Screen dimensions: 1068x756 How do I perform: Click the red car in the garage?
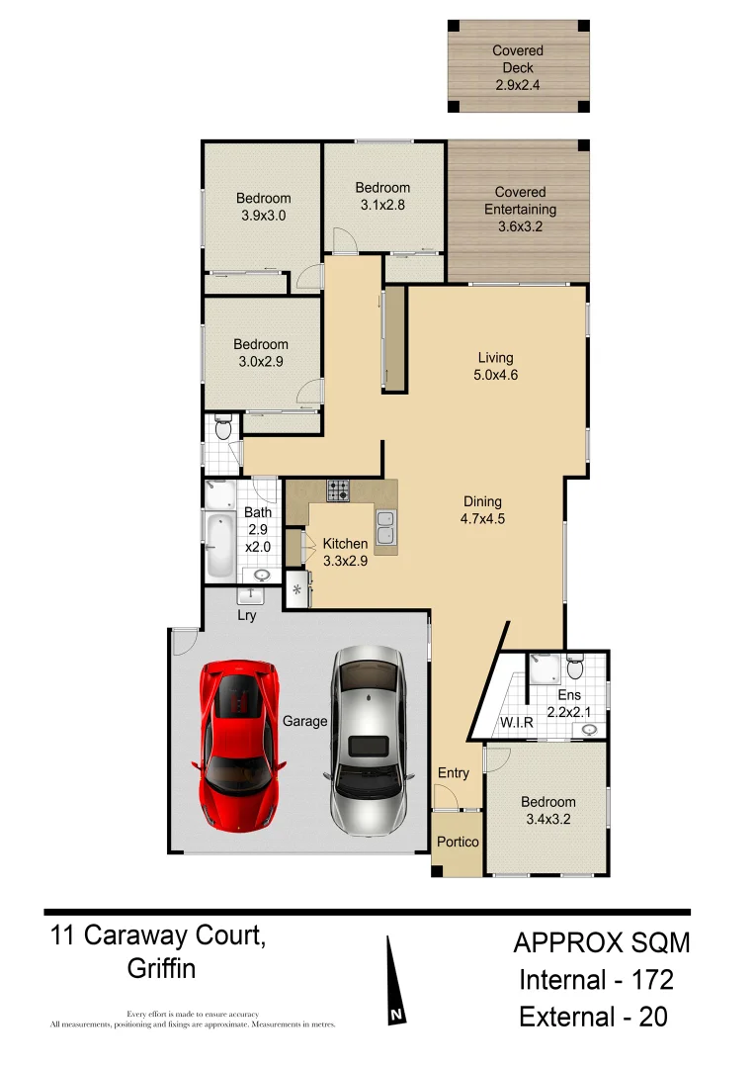(x=239, y=744)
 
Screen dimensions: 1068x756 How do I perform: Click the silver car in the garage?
(x=368, y=737)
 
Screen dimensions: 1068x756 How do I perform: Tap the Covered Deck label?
(x=519, y=67)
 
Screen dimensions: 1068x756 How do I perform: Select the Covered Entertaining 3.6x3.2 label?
(x=520, y=209)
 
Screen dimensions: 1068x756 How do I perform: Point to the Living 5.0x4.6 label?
(x=495, y=366)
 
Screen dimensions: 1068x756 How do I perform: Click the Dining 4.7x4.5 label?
(x=483, y=510)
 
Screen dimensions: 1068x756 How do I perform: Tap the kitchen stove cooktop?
(x=339, y=489)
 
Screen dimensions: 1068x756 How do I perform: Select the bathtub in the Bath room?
(x=218, y=544)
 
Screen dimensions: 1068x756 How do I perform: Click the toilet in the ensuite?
(x=576, y=668)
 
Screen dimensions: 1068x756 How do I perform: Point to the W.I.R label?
(x=516, y=723)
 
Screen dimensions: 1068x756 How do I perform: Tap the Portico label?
(x=458, y=842)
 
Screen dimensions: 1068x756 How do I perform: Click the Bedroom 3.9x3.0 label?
(x=263, y=206)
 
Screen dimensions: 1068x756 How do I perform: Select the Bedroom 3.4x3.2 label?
(x=548, y=810)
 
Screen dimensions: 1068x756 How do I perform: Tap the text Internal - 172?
(x=597, y=980)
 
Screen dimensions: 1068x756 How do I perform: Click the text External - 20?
(x=593, y=1017)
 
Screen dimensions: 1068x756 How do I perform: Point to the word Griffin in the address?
(x=161, y=968)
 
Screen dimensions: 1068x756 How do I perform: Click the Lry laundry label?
(x=247, y=616)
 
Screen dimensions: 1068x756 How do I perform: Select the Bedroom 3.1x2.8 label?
(x=382, y=196)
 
